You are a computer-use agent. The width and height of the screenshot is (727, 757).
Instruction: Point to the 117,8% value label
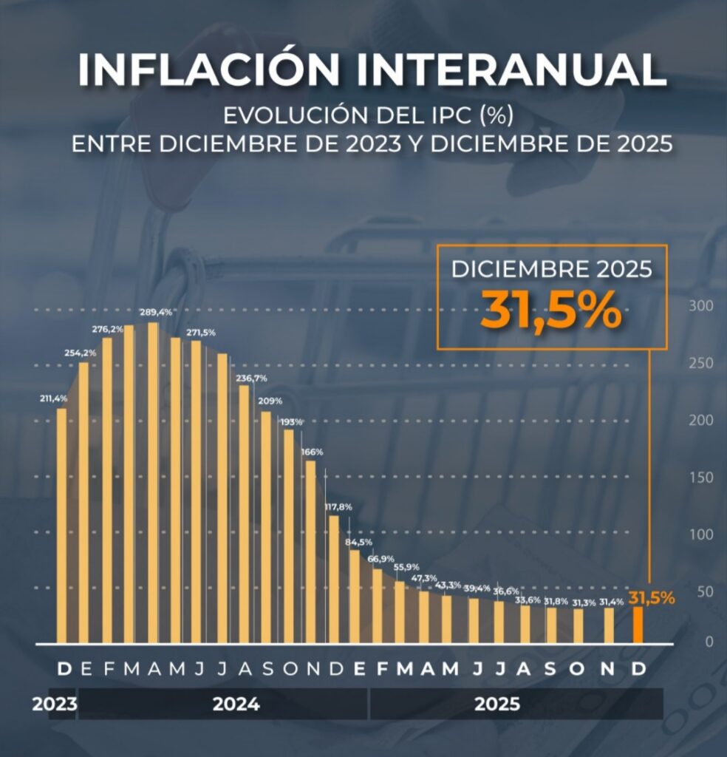pos(338,507)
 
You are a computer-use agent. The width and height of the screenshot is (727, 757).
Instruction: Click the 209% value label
pos(269,401)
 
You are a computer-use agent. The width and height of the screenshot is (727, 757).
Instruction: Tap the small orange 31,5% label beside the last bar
pos(652,598)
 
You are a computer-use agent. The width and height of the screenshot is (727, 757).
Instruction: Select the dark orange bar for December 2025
pos(638,625)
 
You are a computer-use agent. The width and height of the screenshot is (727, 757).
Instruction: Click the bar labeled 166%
pos(311,551)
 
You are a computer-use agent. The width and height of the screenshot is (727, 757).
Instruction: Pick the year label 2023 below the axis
pos(54,705)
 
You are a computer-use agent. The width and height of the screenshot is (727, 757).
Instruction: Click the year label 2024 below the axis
pos(236,705)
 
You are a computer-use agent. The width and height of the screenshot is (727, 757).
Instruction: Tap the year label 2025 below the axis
pos(496,705)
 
